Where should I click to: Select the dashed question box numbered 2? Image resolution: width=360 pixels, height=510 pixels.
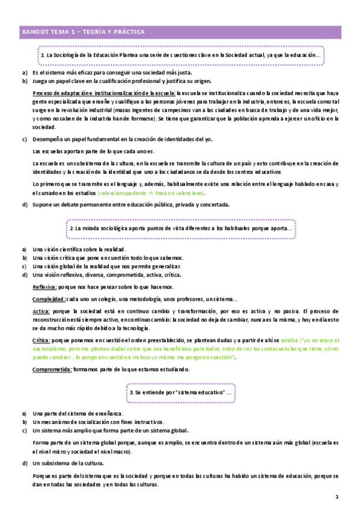180,229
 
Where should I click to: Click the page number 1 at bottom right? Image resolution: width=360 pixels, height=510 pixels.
337,498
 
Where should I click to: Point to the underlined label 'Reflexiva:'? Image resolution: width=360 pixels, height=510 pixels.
44,287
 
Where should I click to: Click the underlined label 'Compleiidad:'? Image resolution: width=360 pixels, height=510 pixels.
49,299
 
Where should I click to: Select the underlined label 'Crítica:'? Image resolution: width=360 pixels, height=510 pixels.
41,340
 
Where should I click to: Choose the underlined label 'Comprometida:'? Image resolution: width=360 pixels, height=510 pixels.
52,369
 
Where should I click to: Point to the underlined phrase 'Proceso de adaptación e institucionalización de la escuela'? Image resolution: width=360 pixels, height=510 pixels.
103,93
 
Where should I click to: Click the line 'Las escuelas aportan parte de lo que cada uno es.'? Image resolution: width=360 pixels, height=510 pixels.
93,151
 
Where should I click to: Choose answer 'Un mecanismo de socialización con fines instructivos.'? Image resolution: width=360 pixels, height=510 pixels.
98,422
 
